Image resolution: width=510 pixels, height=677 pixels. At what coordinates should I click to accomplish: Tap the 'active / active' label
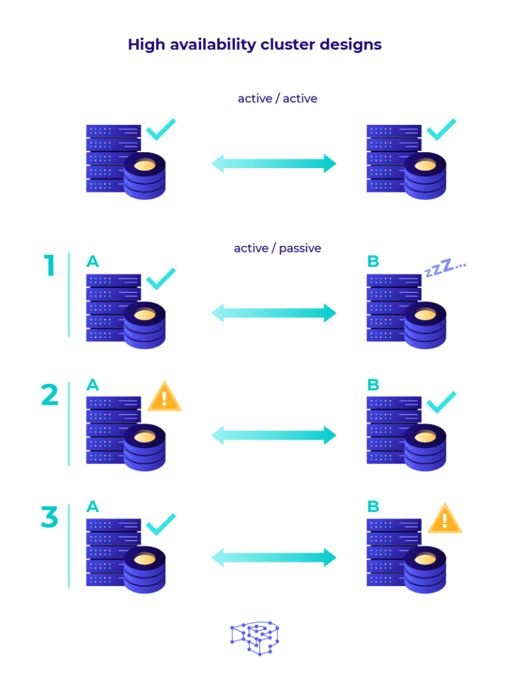coord(278,98)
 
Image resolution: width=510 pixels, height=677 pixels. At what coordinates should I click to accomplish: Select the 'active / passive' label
coord(278,248)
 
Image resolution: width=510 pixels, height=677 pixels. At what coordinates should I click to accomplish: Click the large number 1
coord(50,266)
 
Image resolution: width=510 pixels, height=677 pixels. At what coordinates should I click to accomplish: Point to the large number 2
coord(50,395)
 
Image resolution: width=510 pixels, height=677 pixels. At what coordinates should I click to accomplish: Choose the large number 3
coord(50,518)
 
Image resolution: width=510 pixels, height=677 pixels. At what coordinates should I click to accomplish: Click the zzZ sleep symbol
coord(445,268)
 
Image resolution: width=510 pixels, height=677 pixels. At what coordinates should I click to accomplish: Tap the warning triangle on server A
coord(164,397)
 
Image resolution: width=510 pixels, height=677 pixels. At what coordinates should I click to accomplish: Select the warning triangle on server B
coord(444,519)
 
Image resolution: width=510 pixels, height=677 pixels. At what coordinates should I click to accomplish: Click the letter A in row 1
coord(93,262)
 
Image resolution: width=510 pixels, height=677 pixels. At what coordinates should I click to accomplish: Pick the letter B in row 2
coord(373,385)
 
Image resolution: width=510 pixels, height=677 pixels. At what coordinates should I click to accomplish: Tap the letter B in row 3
coord(373,507)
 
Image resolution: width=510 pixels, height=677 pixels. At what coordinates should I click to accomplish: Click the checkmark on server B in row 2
coord(441,402)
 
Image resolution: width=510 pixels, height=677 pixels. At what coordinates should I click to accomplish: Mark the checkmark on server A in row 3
coord(161,524)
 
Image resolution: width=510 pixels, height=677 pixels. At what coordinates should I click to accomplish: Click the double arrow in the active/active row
coord(274,163)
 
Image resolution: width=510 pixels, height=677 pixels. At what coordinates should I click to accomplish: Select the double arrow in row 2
coord(274,435)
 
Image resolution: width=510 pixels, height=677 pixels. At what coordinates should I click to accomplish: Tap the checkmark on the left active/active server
coord(161,129)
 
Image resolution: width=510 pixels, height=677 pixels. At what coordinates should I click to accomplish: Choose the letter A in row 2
coord(93,385)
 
